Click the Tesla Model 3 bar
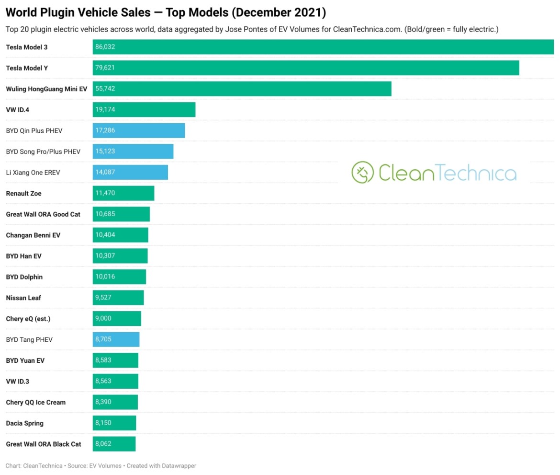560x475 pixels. pos(323,47)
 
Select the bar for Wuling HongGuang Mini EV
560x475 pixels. pos(242,89)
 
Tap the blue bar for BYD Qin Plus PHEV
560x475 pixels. pos(139,130)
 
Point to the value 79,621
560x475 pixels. pos(105,68)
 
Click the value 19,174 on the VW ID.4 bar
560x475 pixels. pos(105,110)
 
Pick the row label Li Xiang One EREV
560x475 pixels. pos(33,173)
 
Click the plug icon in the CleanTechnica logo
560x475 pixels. pos(362,173)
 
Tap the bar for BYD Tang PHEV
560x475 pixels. pos(116,340)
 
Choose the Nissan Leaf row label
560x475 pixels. pos(23,298)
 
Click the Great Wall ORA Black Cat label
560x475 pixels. pos(44,444)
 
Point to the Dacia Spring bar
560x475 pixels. pos(114,423)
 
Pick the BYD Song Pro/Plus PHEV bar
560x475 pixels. pos(133,151)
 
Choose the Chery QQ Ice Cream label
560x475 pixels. pos(36,403)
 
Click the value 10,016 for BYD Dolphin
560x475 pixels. pos(105,277)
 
